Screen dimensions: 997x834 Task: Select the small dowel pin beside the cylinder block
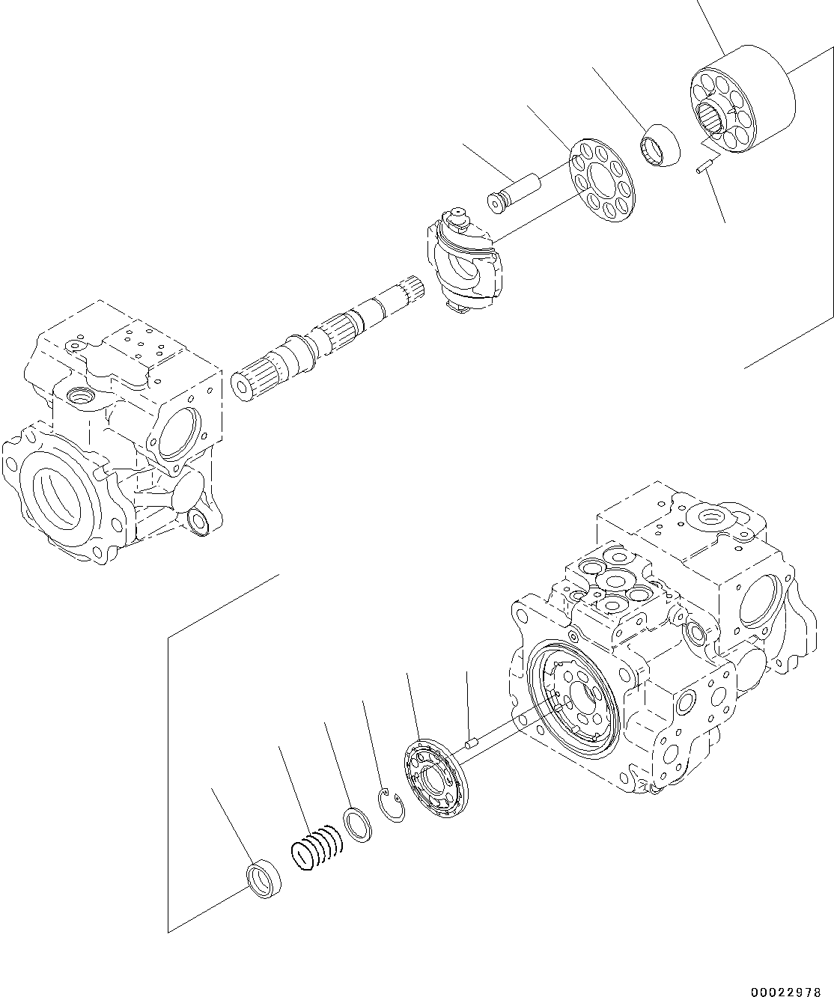tap(704, 168)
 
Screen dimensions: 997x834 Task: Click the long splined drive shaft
tap(329, 337)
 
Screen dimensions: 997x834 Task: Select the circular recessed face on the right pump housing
tap(573, 700)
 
